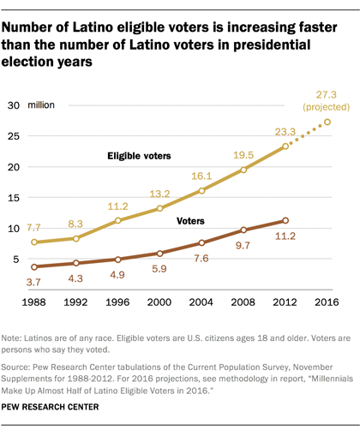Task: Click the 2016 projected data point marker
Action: pos(327,122)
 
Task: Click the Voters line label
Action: pos(191,221)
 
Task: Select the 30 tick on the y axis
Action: pos(14,106)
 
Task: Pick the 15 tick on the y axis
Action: pos(14,198)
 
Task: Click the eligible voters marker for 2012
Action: pos(285,146)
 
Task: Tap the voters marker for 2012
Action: pos(285,220)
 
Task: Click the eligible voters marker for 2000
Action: pos(159,208)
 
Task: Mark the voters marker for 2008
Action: pos(243,230)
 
